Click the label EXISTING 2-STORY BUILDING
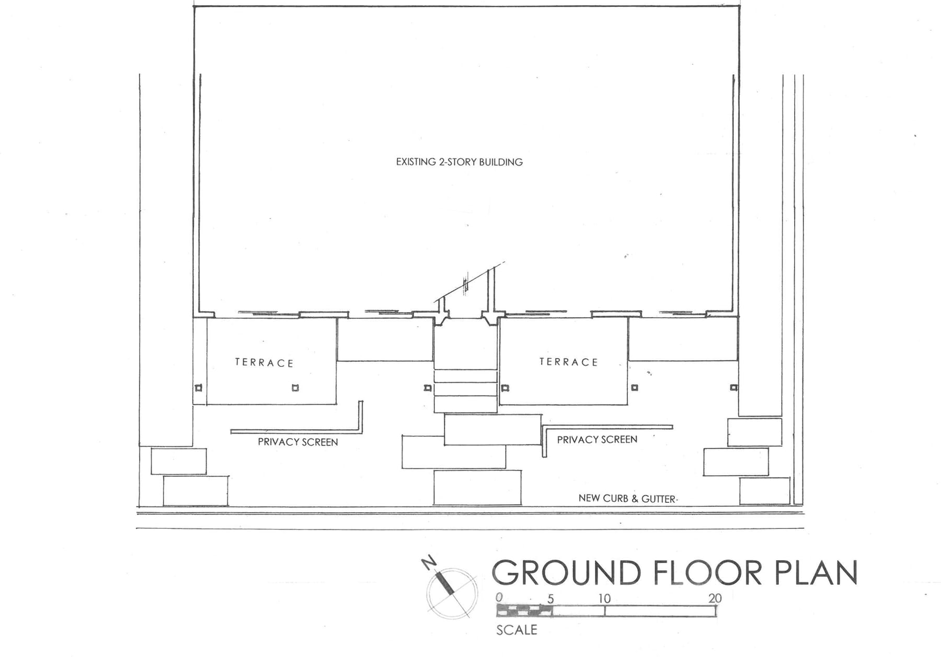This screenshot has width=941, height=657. pos(459,162)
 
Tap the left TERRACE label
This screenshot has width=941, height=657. pos(264,363)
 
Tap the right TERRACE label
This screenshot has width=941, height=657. pos(568,362)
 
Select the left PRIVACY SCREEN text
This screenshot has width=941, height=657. pos(297,442)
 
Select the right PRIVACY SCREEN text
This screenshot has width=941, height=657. pos(597,440)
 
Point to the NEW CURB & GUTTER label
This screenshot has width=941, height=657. pos(627,499)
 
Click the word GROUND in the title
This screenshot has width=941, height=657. pos(566,573)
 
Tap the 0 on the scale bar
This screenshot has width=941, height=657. pos(499,597)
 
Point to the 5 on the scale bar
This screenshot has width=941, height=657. pos(550,598)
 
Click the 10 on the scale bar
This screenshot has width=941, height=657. pos(604,598)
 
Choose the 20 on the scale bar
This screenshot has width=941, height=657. pos(715,598)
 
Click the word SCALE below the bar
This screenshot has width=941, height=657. pos(517,630)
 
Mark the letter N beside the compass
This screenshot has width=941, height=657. pos(429,563)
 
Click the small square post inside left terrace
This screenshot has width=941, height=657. pos(295,388)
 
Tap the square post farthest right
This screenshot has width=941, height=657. pos(733,387)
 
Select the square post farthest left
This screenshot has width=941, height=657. pos(198,388)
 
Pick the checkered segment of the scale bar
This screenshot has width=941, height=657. pos(524,610)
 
